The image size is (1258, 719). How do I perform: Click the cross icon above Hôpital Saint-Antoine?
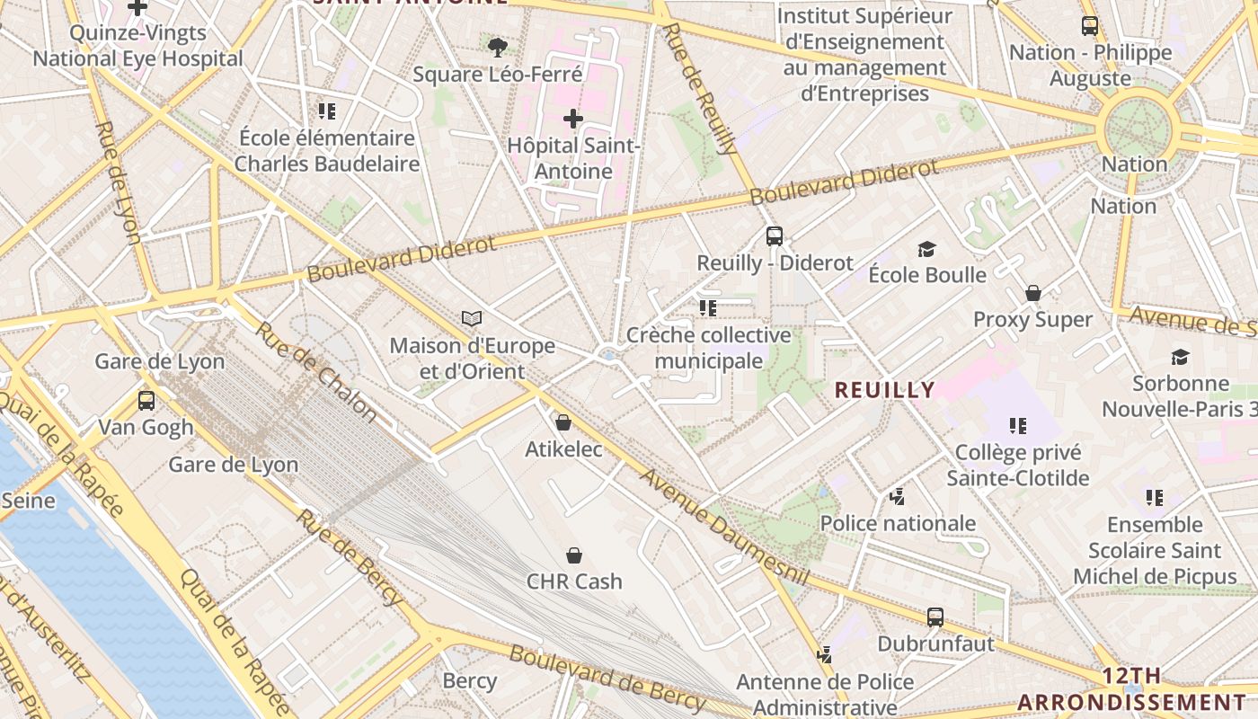[573, 118]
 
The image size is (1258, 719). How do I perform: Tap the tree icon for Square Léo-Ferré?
[497, 46]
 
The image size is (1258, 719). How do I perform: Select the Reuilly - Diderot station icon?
[775, 236]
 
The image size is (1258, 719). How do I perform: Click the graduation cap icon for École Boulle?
[927, 249]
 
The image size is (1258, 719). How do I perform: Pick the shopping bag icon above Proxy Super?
[1033, 293]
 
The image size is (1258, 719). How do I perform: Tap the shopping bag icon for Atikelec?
[563, 422]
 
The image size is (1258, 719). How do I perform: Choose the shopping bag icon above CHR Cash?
[574, 555]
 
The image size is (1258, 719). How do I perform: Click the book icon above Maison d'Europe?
[472, 318]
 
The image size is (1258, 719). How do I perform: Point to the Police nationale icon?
[897, 496]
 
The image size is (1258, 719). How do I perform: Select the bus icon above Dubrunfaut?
[935, 617]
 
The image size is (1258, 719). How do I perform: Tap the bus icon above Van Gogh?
[146, 400]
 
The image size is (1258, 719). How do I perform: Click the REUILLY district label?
[885, 390]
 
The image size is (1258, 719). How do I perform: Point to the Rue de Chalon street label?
[315, 370]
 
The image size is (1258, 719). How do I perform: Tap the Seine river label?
[28, 500]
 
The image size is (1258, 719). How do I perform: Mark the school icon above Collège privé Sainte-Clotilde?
[1017, 425]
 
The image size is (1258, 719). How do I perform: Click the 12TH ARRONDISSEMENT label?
[1133, 689]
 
